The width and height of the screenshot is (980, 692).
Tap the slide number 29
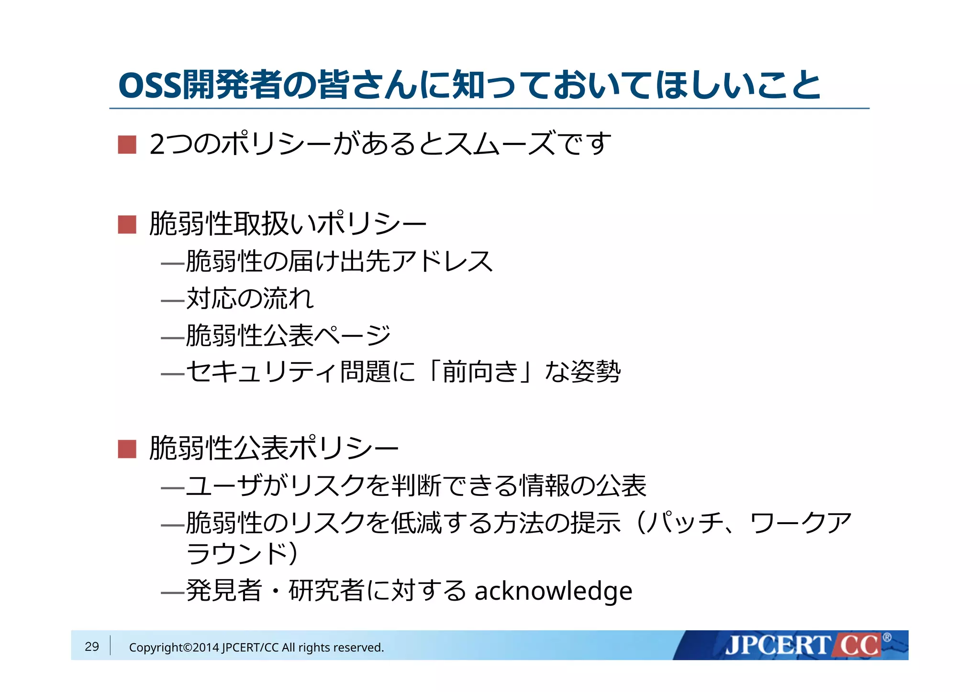[x=91, y=647]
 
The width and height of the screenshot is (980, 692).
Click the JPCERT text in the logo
[x=777, y=646]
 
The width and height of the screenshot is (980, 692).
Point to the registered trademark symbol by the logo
[x=887, y=637]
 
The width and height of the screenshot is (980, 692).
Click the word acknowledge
[x=553, y=591]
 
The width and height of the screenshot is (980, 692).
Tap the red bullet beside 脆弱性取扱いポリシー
[x=127, y=224]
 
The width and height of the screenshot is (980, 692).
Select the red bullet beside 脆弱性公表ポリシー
[x=127, y=449]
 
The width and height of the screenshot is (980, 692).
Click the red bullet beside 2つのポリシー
[x=127, y=144]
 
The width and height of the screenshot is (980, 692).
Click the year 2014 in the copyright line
[x=206, y=648]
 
